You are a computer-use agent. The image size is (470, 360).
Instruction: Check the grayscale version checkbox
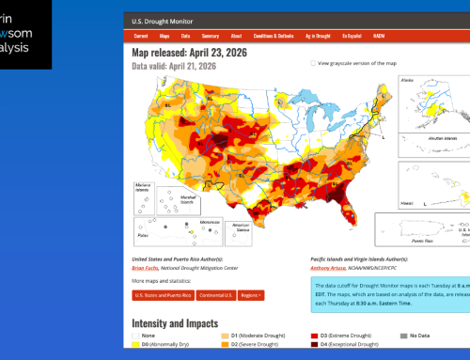coord(313,63)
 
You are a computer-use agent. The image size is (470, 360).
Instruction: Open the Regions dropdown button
coord(249,294)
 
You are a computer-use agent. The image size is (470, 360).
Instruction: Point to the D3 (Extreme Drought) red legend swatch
coord(315,333)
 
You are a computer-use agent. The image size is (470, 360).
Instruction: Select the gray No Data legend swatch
coord(400,333)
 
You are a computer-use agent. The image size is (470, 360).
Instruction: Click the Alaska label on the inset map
coord(383,82)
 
